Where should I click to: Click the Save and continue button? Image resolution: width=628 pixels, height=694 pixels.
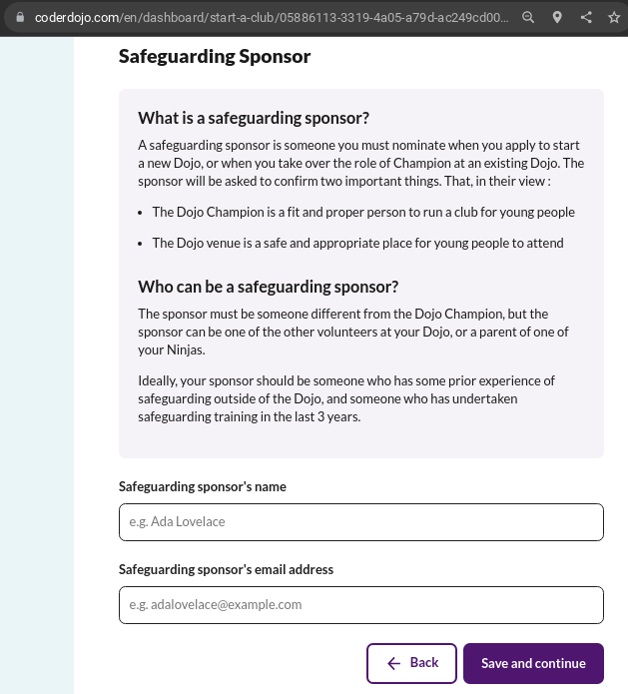[x=533, y=663]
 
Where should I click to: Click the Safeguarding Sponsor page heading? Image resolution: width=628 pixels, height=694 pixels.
[x=215, y=56]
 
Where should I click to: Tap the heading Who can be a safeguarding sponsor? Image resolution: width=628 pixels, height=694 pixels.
[x=268, y=288]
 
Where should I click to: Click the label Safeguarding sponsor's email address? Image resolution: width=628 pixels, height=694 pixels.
[x=226, y=569]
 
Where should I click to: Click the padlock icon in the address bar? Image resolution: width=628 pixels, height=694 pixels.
[x=18, y=17]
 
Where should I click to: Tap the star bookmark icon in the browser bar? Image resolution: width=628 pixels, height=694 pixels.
[x=614, y=17]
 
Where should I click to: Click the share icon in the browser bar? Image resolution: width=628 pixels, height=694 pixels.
[x=586, y=17]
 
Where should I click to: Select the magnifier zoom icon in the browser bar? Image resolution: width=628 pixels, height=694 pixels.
[x=529, y=17]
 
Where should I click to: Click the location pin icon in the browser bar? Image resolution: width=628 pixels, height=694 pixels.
[x=557, y=17]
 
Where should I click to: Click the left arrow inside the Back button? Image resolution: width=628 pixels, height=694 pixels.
[x=394, y=663]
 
